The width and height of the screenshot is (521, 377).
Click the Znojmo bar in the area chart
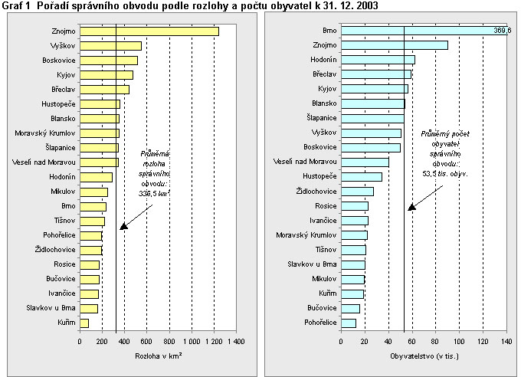(149, 31)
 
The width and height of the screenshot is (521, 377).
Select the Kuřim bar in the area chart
(84, 323)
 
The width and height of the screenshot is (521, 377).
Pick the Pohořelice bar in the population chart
(349, 323)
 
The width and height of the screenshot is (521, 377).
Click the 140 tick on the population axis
(506, 341)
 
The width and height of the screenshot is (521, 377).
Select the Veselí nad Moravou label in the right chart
(304, 162)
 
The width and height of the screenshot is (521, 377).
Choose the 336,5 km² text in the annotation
(153, 194)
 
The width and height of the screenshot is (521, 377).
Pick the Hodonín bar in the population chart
(378, 60)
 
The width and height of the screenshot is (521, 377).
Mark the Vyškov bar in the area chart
(110, 46)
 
